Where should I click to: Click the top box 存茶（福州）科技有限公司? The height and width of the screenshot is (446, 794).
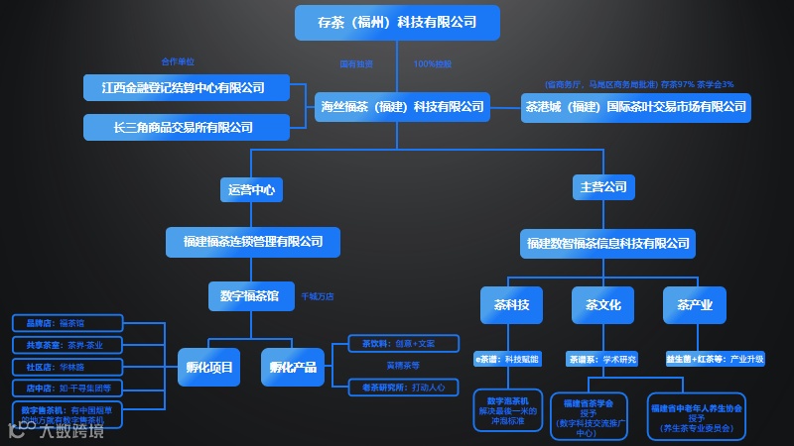(x=396, y=22)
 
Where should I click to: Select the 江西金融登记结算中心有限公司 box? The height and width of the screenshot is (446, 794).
(x=187, y=87)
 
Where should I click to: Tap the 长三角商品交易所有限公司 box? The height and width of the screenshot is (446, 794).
(x=187, y=127)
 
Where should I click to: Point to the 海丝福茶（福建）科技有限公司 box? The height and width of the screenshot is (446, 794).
(x=401, y=106)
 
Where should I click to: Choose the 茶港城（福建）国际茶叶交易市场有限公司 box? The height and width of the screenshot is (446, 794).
(x=636, y=106)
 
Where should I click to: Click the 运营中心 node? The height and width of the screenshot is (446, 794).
(x=250, y=188)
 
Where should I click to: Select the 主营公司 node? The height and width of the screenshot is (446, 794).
(x=601, y=187)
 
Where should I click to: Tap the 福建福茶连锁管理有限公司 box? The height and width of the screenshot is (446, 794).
(x=253, y=241)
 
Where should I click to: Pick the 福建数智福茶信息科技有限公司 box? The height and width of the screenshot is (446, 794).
(x=608, y=243)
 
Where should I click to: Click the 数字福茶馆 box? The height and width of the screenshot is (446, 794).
(x=250, y=295)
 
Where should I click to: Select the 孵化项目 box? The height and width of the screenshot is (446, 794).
(x=209, y=368)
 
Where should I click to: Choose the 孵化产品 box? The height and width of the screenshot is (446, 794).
(x=293, y=368)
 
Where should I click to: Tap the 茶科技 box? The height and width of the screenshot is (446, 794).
(x=511, y=305)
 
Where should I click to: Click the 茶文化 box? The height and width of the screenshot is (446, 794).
(x=602, y=305)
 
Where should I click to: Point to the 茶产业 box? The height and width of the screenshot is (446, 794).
(x=695, y=305)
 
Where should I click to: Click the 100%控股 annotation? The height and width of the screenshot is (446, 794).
(x=432, y=64)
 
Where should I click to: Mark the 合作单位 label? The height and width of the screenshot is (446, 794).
(x=178, y=61)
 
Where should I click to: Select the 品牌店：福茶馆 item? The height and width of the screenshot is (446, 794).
(x=67, y=323)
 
